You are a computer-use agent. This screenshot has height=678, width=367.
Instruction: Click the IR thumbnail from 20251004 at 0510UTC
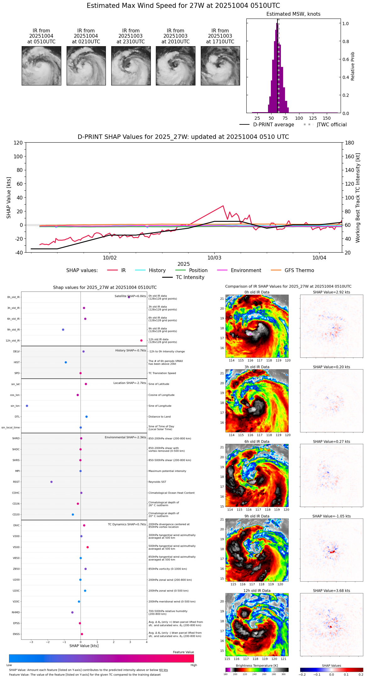41,66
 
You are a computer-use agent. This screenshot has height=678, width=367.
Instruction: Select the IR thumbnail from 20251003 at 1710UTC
220,66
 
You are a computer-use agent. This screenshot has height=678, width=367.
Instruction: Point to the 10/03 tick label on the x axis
214,258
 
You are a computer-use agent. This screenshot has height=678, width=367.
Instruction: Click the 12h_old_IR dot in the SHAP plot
141,341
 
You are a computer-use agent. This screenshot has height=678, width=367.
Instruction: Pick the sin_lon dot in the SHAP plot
27,406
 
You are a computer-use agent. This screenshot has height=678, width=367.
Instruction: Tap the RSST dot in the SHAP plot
52,482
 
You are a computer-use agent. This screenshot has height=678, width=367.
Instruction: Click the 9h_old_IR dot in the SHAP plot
63,330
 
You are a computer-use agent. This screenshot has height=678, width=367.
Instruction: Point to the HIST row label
17,363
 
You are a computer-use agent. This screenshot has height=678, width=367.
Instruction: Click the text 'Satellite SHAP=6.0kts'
130,296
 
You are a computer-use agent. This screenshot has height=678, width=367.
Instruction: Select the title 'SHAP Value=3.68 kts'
331,591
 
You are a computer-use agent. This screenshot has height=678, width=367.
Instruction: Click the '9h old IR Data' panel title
257,516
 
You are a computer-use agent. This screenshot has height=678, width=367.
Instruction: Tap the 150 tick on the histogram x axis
327,118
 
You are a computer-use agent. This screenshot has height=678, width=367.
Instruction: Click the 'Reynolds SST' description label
157,482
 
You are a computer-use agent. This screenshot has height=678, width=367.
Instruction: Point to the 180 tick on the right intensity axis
350,143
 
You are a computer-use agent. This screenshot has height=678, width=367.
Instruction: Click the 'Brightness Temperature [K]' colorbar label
257,665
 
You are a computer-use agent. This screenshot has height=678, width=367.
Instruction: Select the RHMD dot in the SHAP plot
72,612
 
